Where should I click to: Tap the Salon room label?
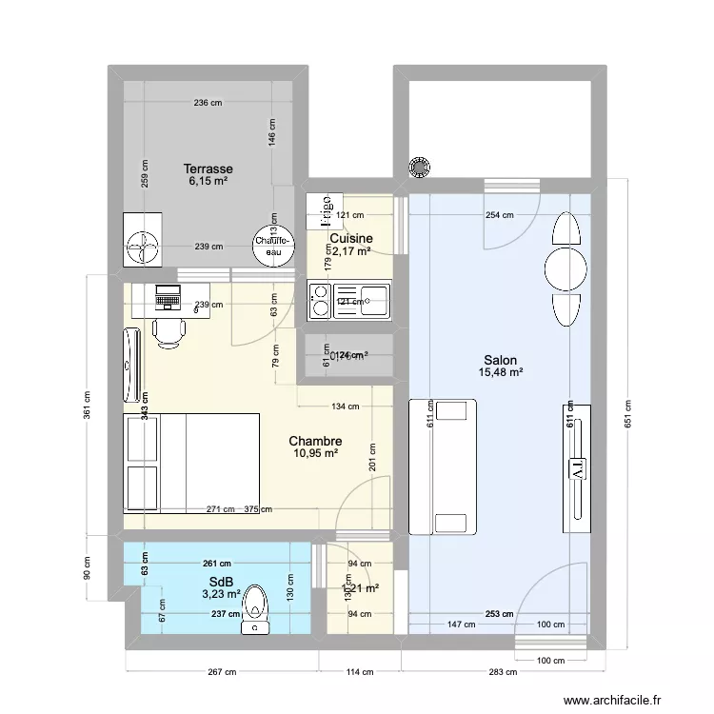pos(500,360)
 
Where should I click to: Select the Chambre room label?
pos(315,441)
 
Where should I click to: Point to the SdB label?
pos(221,581)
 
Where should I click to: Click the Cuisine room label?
pos(350,238)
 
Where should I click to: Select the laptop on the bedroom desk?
pos(169,298)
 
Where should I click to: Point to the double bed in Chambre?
pos(191,465)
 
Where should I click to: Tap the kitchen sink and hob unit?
pos(348,301)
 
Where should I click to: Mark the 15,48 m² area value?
pos(500,373)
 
